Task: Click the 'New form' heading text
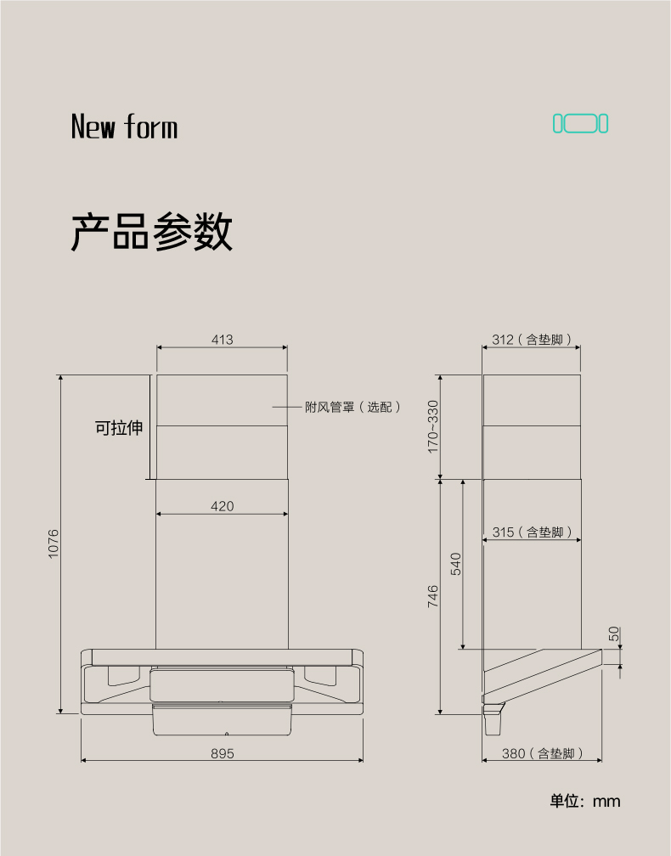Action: [125, 126]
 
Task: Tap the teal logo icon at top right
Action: [580, 123]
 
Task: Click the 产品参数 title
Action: [152, 232]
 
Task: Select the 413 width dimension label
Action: [223, 340]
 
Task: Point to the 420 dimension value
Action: [223, 507]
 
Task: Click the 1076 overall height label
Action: [53, 543]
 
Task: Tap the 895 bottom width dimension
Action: [223, 753]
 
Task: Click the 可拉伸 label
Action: [119, 427]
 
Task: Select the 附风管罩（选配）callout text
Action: [352, 408]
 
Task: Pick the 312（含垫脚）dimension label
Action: [532, 340]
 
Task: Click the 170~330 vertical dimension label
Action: [433, 426]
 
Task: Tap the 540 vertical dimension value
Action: [456, 564]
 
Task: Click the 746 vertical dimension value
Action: [433, 596]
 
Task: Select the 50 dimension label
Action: [614, 634]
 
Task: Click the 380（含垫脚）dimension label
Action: [543, 753]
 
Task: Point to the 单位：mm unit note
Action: [584, 801]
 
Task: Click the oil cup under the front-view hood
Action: [223, 720]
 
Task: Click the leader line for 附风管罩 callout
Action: [287, 408]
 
